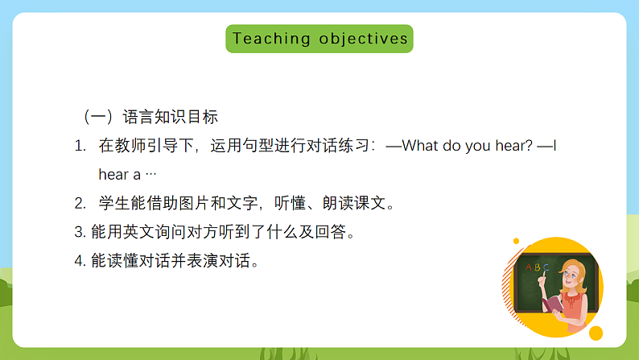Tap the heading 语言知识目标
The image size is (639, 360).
click(x=170, y=117)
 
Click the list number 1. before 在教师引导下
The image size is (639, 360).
click(x=80, y=147)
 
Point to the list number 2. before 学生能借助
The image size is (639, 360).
click(x=80, y=203)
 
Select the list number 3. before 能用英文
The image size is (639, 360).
click(x=79, y=232)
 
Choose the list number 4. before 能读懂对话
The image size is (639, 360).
click(x=79, y=261)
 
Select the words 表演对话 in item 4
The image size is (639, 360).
click(x=221, y=261)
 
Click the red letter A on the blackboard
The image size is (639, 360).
click(x=528, y=267)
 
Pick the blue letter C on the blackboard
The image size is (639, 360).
click(x=546, y=267)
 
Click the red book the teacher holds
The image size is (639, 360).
click(x=554, y=304)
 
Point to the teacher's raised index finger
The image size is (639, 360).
click(x=541, y=274)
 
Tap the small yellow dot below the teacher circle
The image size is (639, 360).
click(x=596, y=333)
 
